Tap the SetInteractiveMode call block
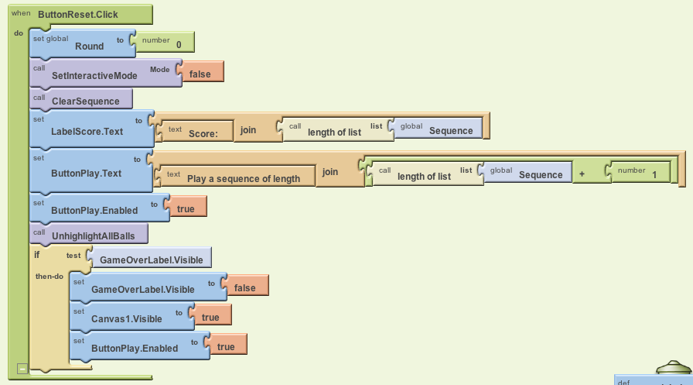(94, 75)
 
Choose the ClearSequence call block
(85, 101)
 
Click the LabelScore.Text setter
(87, 131)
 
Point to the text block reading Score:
(203, 133)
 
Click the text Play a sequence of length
(243, 178)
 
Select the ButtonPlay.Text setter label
(86, 174)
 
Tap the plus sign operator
(582, 174)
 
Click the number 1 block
(654, 175)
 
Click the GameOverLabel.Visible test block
(152, 260)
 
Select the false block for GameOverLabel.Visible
(244, 287)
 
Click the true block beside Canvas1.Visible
(210, 317)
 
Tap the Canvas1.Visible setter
(126, 318)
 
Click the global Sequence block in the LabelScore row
(450, 131)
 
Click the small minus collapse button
(22, 369)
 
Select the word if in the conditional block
(36, 255)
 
